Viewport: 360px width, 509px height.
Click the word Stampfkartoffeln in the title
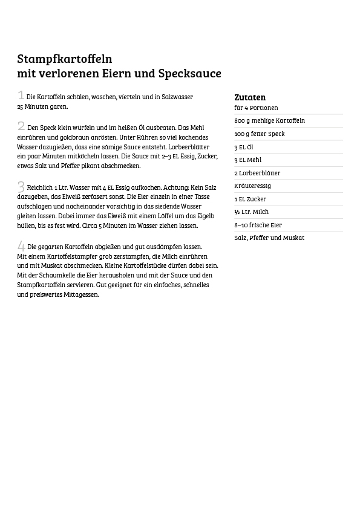pyautogui.click(x=65, y=59)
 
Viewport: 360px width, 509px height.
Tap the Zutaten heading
pyautogui.click(x=250, y=97)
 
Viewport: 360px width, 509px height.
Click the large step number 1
pyautogui.click(x=21, y=96)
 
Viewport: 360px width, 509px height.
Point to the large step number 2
pyautogui.click(x=21, y=126)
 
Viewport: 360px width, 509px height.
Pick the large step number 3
pyautogui.click(x=21, y=187)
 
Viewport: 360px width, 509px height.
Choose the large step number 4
pyautogui.click(x=21, y=245)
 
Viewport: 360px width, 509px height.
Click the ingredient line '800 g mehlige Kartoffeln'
pyautogui.click(x=269, y=121)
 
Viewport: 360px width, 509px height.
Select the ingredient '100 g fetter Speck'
pyautogui.click(x=260, y=134)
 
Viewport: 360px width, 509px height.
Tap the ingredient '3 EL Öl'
pyautogui.click(x=244, y=148)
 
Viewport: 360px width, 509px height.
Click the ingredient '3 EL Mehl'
pyautogui.click(x=248, y=160)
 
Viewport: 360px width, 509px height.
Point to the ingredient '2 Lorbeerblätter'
pyautogui.click(x=257, y=173)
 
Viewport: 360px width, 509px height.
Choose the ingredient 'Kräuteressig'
pyautogui.click(x=252, y=186)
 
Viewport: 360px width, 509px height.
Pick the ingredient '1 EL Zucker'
pyautogui.click(x=250, y=199)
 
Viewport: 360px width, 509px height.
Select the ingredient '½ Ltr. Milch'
pyautogui.click(x=252, y=212)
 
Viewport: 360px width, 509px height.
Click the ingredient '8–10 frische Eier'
pyautogui.click(x=258, y=225)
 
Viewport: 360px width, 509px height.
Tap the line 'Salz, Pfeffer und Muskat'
pyautogui.click(x=269, y=238)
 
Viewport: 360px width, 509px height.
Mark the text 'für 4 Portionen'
pyautogui.click(x=256, y=108)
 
